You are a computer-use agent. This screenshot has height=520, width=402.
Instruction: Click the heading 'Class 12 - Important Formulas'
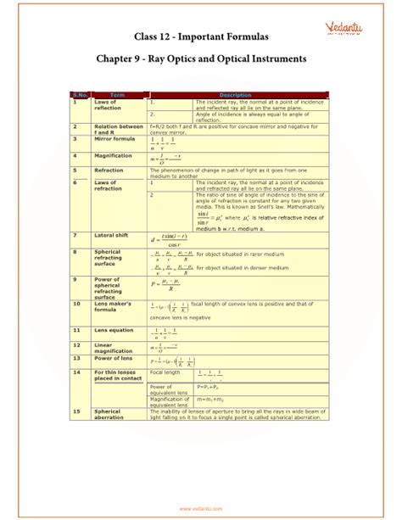point(201,36)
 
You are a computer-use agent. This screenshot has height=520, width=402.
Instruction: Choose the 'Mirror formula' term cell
point(115,137)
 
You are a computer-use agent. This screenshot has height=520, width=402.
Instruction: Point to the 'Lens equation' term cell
point(114,329)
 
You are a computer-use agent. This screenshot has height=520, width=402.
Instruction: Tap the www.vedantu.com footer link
point(201,509)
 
